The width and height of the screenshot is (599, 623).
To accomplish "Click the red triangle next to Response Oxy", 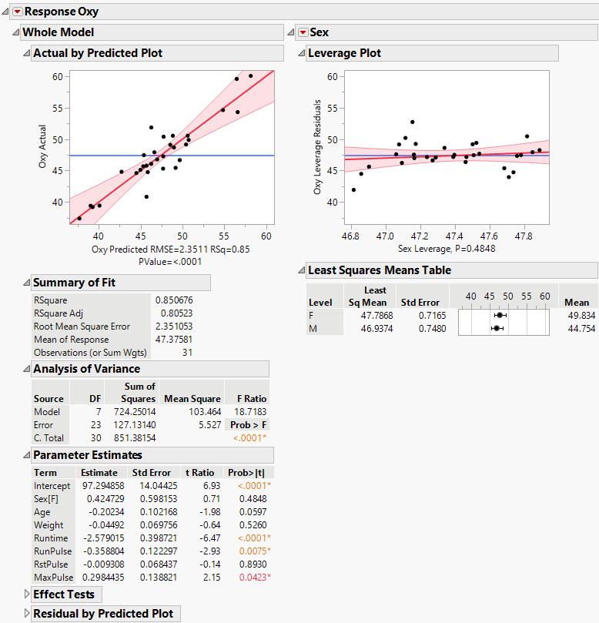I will click(17, 12).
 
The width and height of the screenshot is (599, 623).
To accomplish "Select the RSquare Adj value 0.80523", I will click(173, 313).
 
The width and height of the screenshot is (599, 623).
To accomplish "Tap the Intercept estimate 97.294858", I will click(99, 486).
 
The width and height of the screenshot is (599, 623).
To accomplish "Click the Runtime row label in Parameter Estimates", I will click(51, 538).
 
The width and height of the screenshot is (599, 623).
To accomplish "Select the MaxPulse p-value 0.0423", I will click(252, 577).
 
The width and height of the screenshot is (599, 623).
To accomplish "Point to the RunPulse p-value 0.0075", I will click(252, 551).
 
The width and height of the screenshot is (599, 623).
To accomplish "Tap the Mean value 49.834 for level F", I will click(580, 316).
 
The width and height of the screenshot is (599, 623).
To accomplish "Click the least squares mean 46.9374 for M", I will click(366, 329).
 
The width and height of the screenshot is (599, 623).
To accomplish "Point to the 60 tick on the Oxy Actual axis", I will click(58, 77).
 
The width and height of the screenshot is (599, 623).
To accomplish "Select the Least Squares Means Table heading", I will click(380, 270).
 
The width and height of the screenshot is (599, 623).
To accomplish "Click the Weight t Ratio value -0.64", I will click(202, 525).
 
